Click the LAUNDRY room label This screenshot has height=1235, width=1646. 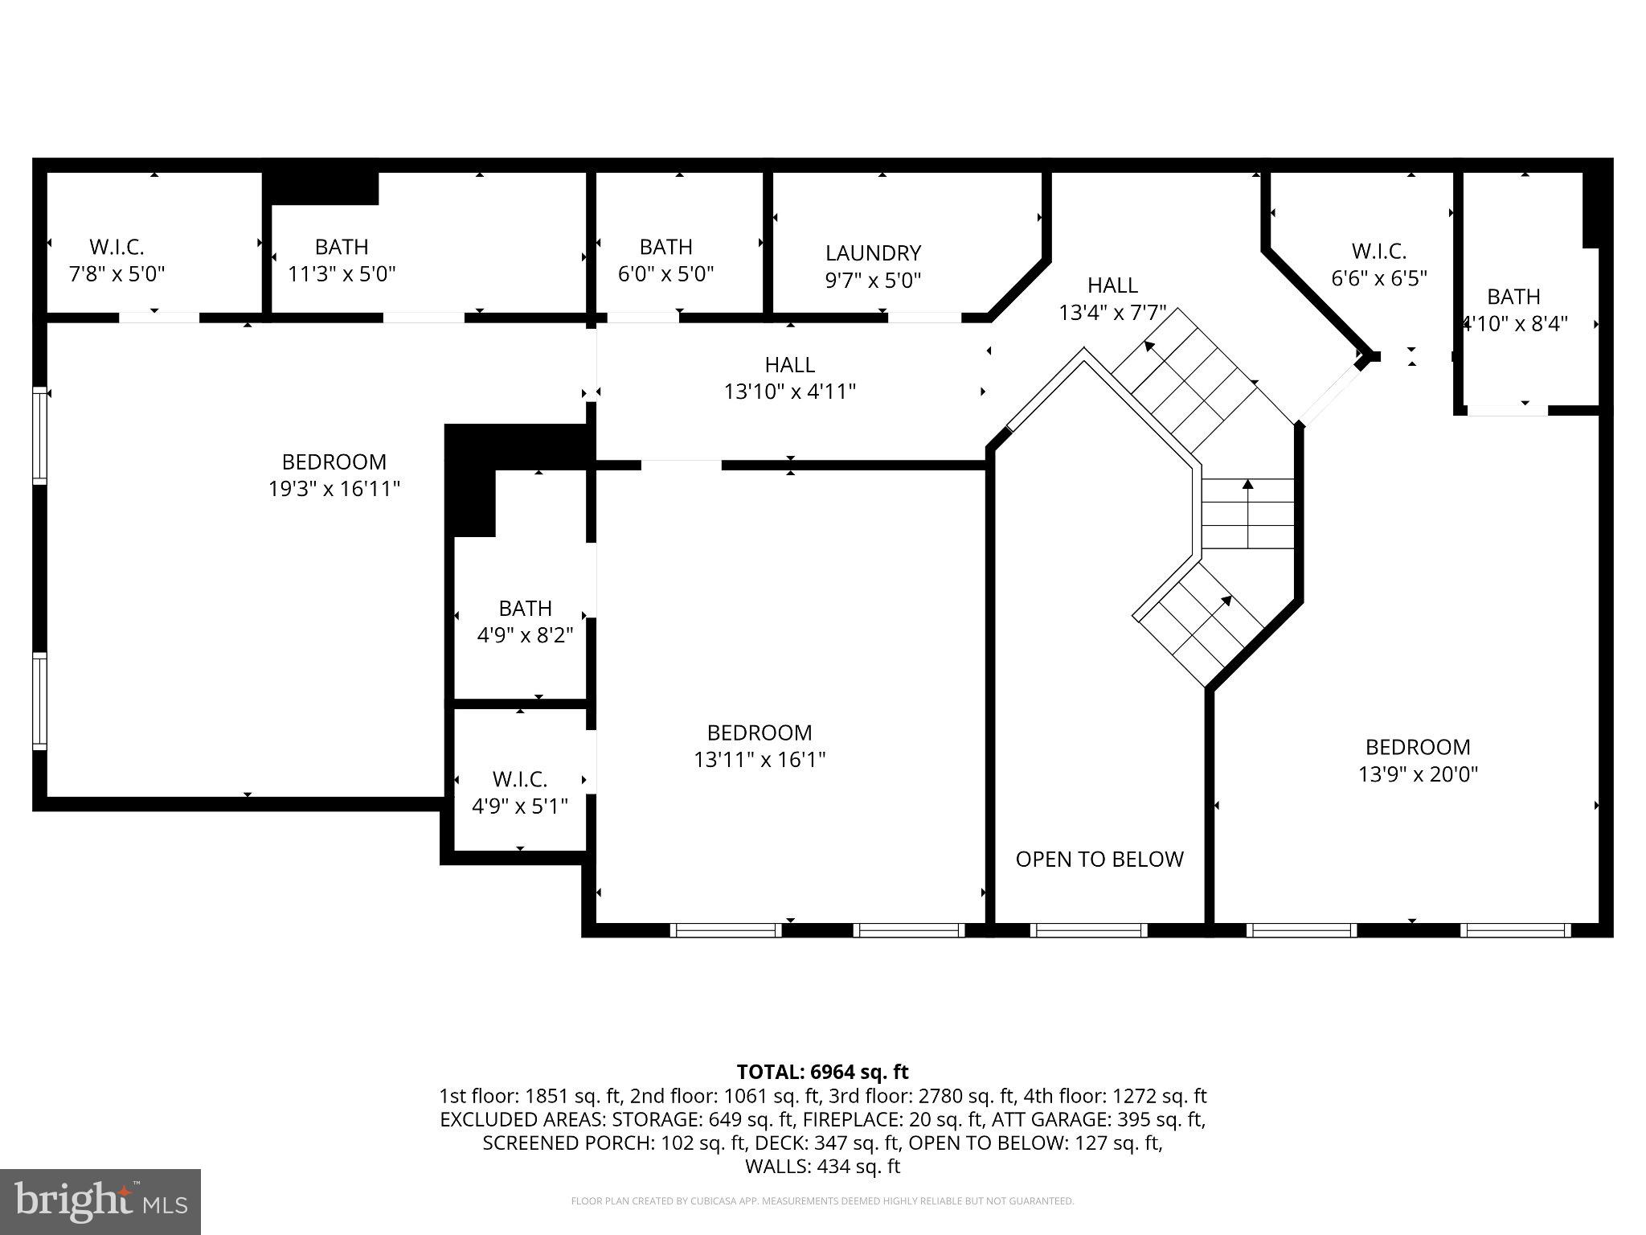point(873,253)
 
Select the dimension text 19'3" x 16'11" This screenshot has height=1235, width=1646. point(334,489)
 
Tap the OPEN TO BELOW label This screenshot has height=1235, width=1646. point(1099,860)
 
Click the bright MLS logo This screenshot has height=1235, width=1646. point(100,1201)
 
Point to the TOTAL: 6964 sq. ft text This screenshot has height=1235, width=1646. point(822,1072)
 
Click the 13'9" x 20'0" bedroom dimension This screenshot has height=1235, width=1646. point(1418,774)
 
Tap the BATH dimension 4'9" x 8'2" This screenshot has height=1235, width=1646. point(525,636)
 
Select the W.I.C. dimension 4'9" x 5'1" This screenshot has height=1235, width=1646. point(520,806)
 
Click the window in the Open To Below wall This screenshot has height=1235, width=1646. point(1089,930)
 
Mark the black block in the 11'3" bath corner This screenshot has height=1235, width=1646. point(321,187)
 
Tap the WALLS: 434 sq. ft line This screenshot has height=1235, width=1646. point(822,1167)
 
